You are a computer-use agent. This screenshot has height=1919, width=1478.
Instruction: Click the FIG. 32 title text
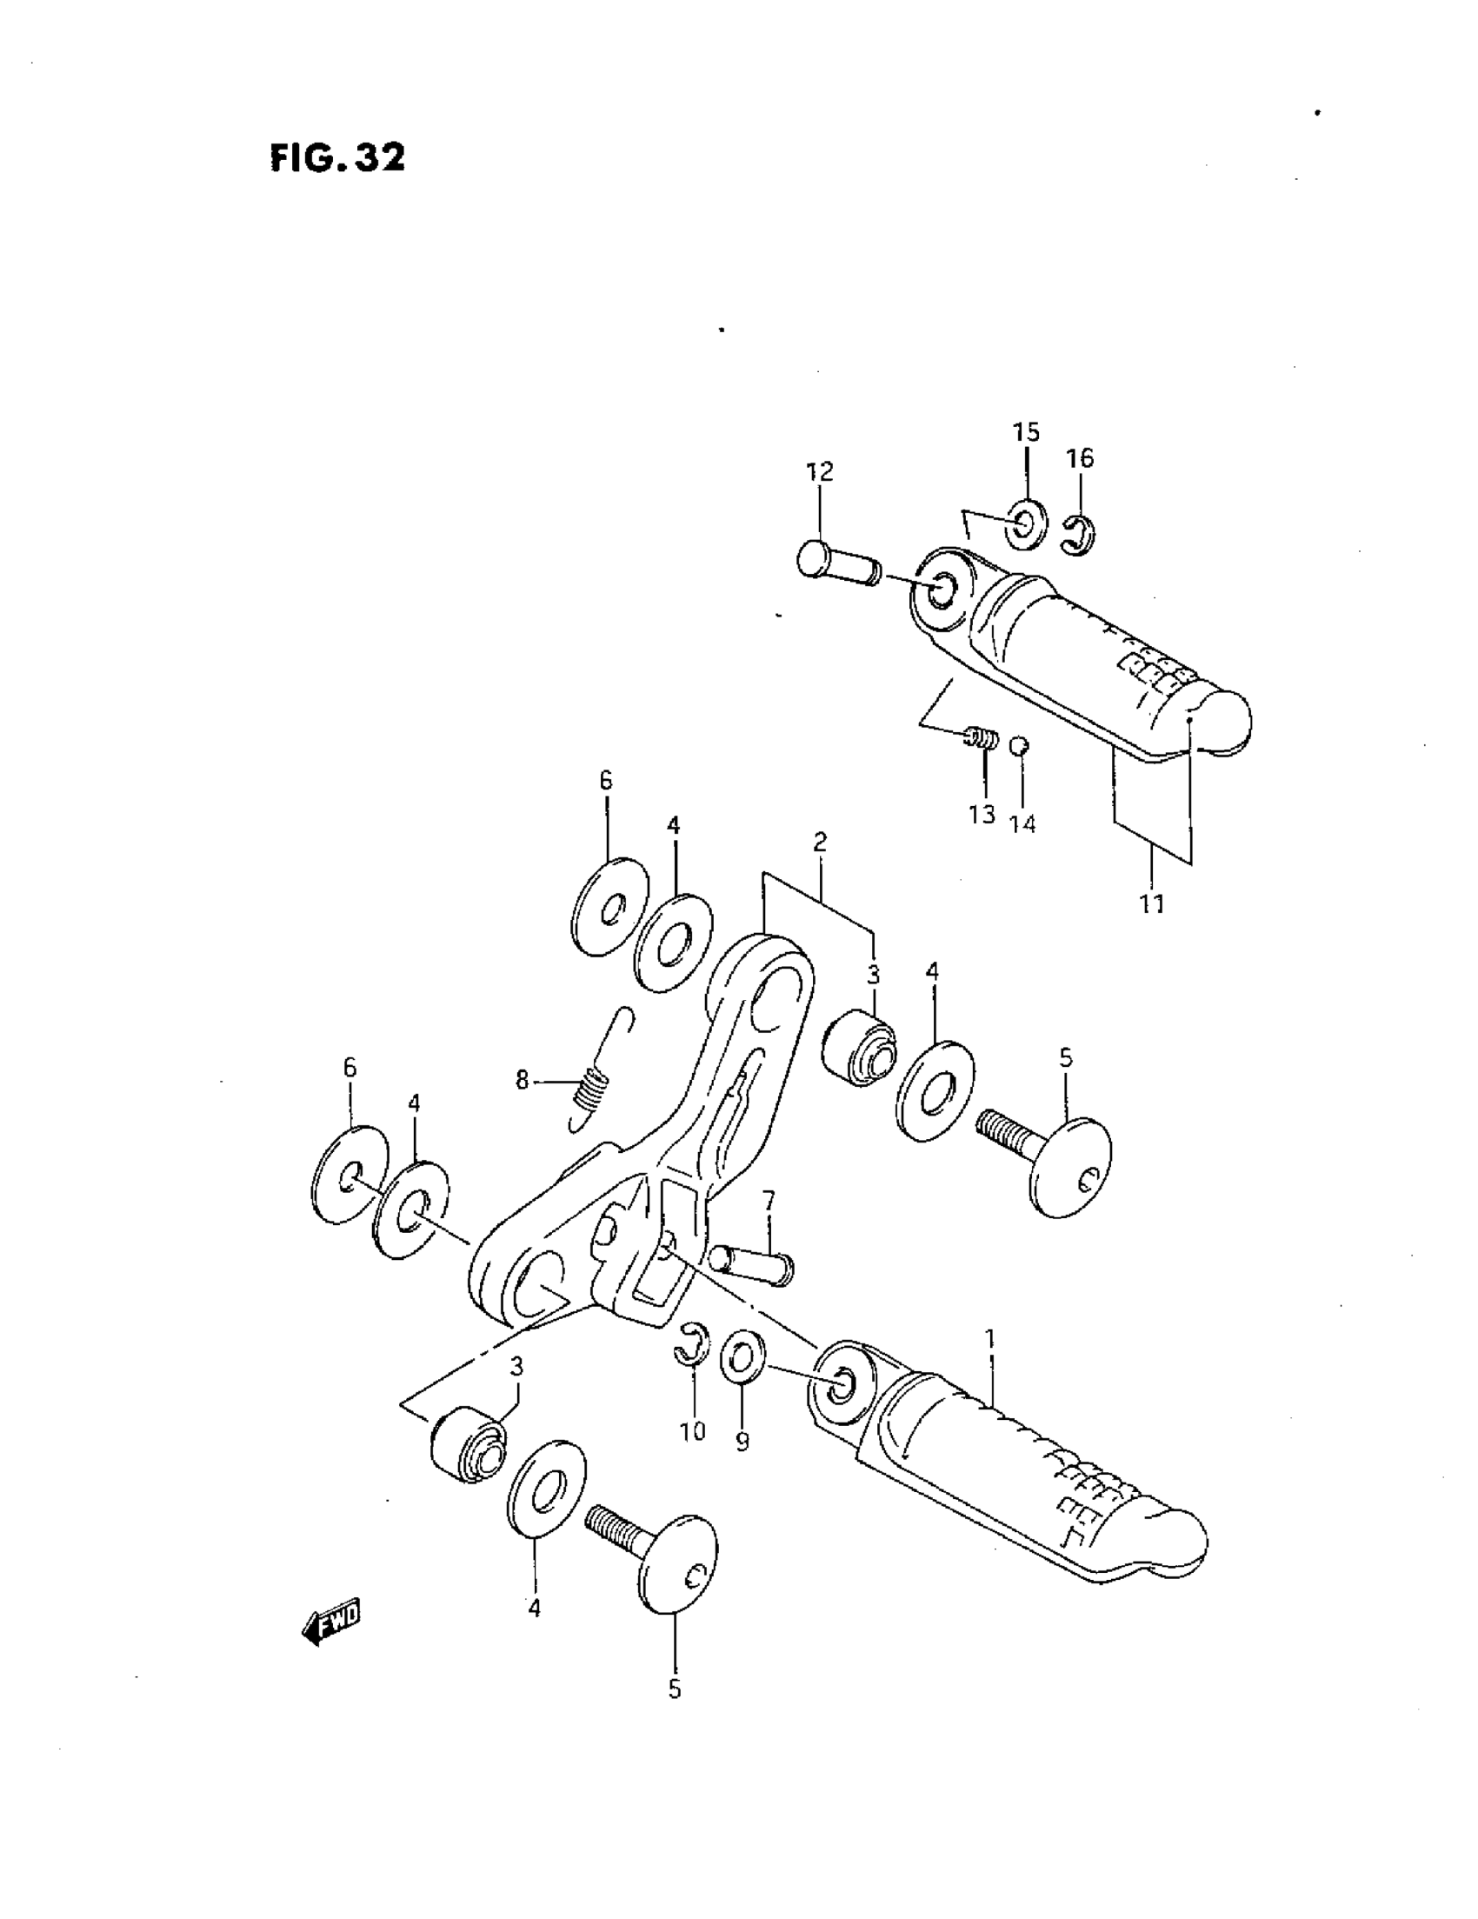coord(338,158)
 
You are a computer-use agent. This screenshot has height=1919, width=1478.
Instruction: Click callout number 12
coord(819,472)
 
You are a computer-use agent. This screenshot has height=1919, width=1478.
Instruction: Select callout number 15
coord(1025,432)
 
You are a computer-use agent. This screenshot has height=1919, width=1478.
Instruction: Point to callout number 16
coord(1080,457)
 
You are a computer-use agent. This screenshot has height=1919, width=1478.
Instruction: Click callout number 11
coord(1151,903)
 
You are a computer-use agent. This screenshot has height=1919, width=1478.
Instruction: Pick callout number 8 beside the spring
coord(522,1080)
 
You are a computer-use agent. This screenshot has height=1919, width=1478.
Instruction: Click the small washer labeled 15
coord(1025,523)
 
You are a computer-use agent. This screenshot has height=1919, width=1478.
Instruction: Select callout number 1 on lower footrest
coord(990,1339)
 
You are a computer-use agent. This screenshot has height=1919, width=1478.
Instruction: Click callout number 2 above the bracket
coord(820,843)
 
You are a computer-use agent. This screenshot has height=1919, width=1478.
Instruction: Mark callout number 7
coord(769,1200)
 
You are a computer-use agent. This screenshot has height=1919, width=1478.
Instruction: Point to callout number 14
coord(1022,823)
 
